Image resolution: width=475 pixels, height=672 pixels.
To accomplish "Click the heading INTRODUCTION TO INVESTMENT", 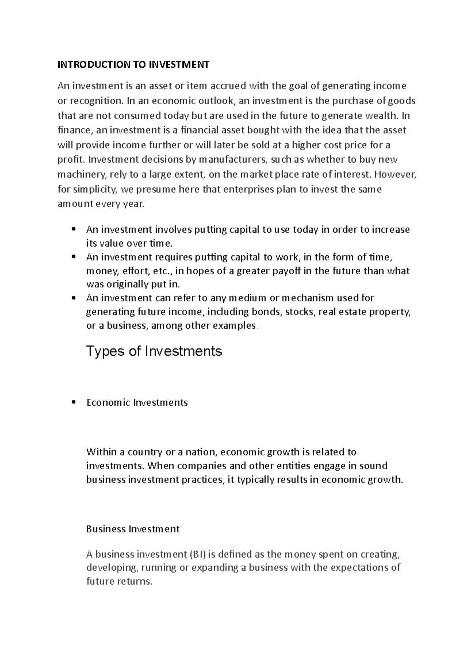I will pos(133,65).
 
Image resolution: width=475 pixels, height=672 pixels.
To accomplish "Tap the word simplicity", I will pos(95,190).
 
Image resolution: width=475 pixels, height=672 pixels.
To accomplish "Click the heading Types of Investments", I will pos(154,351).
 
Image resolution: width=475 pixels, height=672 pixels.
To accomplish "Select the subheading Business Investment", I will pos(133,529).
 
